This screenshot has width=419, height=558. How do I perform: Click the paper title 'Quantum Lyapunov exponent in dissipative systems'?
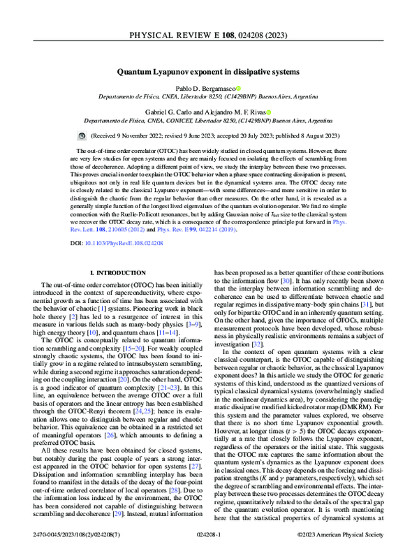[209, 71]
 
